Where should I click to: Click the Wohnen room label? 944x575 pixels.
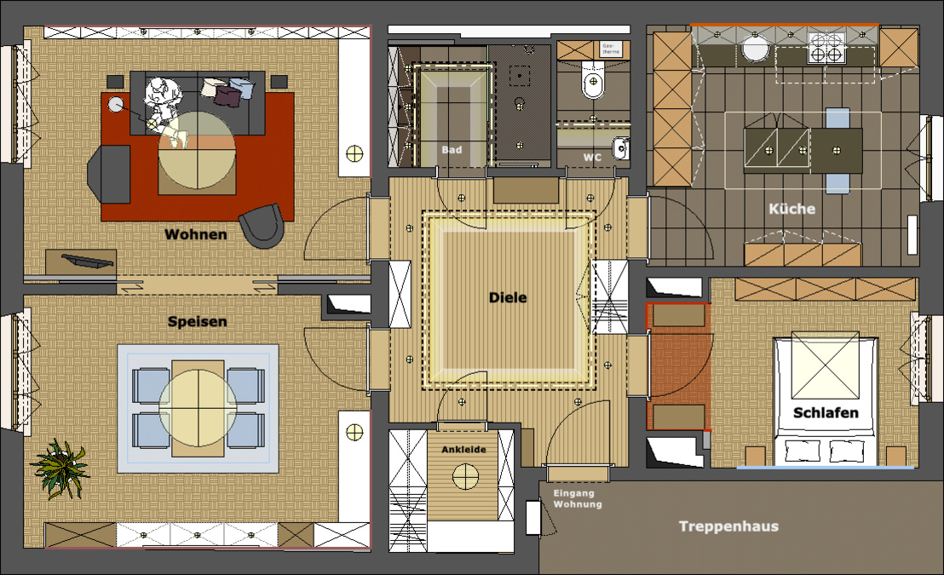click(196, 234)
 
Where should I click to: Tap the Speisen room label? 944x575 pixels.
click(197, 322)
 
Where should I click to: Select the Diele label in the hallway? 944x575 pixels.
click(508, 298)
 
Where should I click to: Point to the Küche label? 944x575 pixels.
click(791, 209)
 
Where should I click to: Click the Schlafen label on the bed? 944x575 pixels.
click(826, 413)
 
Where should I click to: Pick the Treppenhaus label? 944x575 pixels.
click(728, 526)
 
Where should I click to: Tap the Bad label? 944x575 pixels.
click(452, 150)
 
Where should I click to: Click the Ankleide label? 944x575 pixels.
click(464, 449)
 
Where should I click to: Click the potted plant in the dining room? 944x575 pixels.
click(60, 467)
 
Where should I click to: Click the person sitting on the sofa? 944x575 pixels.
click(162, 100)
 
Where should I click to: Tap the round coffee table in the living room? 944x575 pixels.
click(198, 151)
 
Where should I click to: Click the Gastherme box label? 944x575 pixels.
click(612, 48)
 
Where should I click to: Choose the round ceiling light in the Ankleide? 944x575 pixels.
click(465, 476)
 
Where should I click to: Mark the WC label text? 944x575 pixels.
click(592, 158)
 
